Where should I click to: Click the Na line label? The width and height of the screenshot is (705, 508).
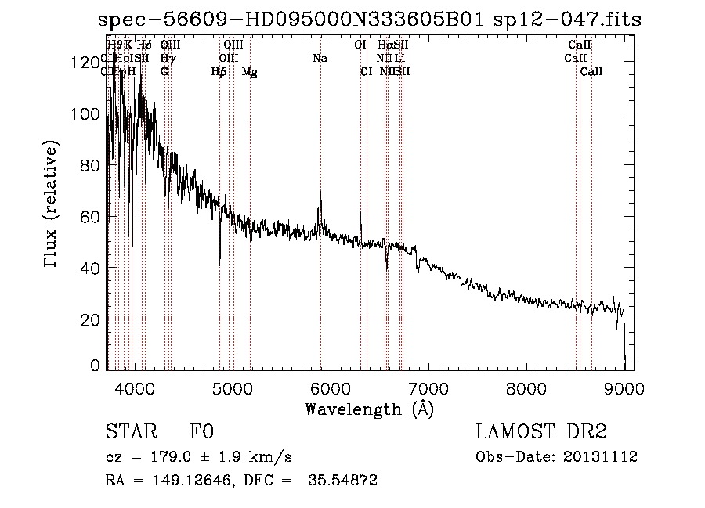tap(320, 58)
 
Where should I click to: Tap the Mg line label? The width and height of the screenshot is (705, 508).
tap(249, 72)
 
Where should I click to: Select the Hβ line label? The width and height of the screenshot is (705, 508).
tap(219, 72)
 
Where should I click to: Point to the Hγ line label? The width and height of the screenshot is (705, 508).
tap(166, 58)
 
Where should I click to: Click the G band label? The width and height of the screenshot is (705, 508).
tap(164, 72)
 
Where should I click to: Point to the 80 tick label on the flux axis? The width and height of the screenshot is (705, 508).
tap(91, 165)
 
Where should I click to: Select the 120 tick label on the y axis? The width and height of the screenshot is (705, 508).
tap(88, 62)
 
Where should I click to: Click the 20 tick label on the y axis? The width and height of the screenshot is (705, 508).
tap(91, 319)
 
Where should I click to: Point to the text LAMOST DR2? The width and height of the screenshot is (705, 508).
tap(541, 432)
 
